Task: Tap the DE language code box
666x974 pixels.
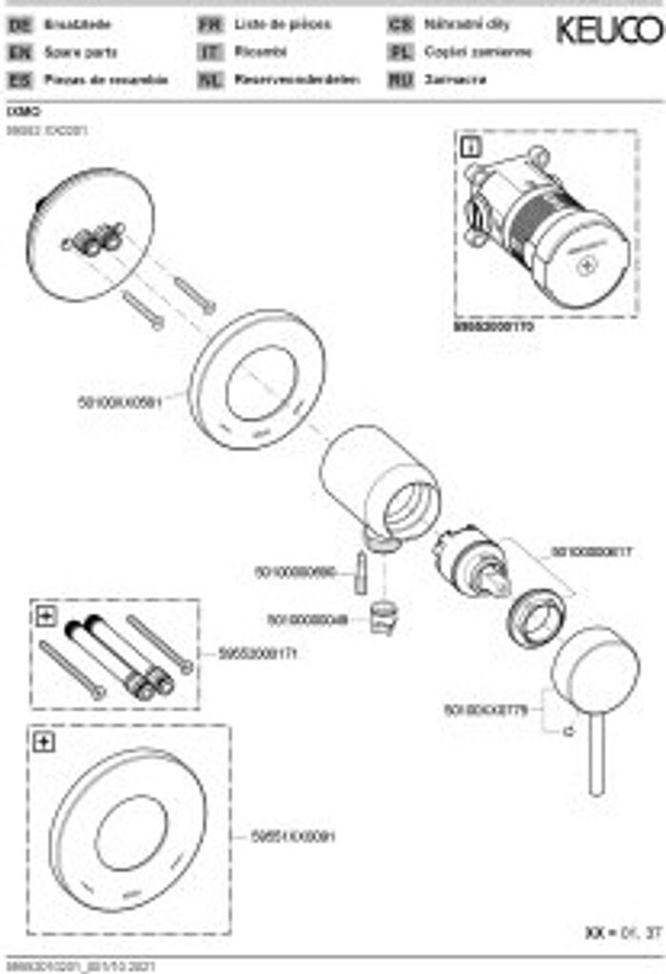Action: [x=19, y=26]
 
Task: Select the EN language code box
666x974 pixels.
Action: [x=19, y=53]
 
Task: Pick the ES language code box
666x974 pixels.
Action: [x=19, y=80]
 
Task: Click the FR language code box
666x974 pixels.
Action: [x=209, y=26]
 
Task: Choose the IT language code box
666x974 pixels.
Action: [x=209, y=53]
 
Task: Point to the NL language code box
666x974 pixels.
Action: [x=209, y=80]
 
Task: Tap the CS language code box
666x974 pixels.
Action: [x=401, y=26]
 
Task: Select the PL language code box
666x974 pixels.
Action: [x=401, y=53]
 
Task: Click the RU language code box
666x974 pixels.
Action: [x=401, y=80]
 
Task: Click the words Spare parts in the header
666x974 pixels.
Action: [x=81, y=53]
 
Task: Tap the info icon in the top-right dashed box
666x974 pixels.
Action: [x=471, y=146]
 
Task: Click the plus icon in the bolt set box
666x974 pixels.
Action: [x=46, y=616]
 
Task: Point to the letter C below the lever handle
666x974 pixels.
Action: [x=567, y=732]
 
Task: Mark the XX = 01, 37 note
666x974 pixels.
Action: [x=622, y=934]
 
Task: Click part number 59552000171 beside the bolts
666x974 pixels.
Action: [x=243, y=654]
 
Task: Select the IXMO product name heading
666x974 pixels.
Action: [x=18, y=111]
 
